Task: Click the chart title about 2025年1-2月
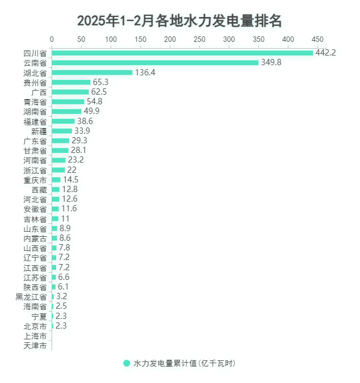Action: pyautogui.click(x=180, y=21)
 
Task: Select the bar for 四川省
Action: pyautogui.click(x=182, y=53)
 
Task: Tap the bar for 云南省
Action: pyautogui.click(x=155, y=62)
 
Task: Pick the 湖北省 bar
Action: pyautogui.click(x=92, y=73)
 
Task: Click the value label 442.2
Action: pyautogui.click(x=326, y=53)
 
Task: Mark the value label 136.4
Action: pyautogui.click(x=146, y=73)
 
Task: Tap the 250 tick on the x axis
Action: pyautogui.click(x=199, y=39)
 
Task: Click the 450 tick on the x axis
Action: pyautogui.click(x=317, y=39)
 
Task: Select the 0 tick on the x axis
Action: pyautogui.click(x=52, y=39)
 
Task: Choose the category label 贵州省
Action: pyautogui.click(x=35, y=82)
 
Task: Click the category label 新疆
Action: pyautogui.click(x=39, y=131)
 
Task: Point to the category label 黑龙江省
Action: pyautogui.click(x=31, y=296)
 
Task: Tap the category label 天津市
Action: pyautogui.click(x=35, y=345)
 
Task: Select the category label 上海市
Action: pyautogui.click(x=35, y=335)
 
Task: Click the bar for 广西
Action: pyautogui.click(x=70, y=92)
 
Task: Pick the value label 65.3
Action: pyautogui.click(x=104, y=82)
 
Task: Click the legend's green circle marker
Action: pyautogui.click(x=126, y=363)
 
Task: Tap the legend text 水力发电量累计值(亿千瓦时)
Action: pyautogui.click(x=184, y=363)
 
